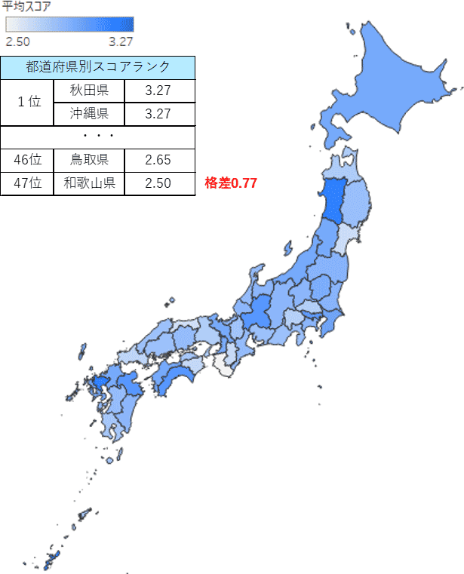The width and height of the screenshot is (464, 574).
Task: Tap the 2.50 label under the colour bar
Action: click(x=17, y=41)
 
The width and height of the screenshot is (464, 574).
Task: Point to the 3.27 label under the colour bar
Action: click(x=121, y=41)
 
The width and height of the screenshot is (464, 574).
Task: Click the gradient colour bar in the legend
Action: click(x=69, y=24)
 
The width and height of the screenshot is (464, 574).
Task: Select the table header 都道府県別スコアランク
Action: click(x=98, y=67)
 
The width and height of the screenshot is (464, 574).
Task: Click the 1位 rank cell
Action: click(x=28, y=103)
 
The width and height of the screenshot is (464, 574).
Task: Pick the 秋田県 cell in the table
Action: click(x=89, y=91)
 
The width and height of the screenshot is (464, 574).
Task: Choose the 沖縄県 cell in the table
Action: click(x=89, y=114)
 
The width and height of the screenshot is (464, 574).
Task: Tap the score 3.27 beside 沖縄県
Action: click(x=158, y=114)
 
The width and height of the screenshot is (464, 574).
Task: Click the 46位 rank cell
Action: click(x=28, y=160)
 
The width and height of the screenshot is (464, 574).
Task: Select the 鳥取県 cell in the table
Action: click(x=89, y=160)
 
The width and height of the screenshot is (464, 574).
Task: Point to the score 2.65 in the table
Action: click(x=158, y=160)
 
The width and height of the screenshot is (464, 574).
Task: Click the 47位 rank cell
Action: click(x=28, y=183)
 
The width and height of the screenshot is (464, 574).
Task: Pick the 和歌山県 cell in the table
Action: click(x=89, y=183)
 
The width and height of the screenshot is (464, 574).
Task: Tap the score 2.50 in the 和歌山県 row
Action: click(x=158, y=183)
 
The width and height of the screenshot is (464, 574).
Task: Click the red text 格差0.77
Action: click(x=232, y=183)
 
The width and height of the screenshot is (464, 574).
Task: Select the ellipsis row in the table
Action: click(x=98, y=137)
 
